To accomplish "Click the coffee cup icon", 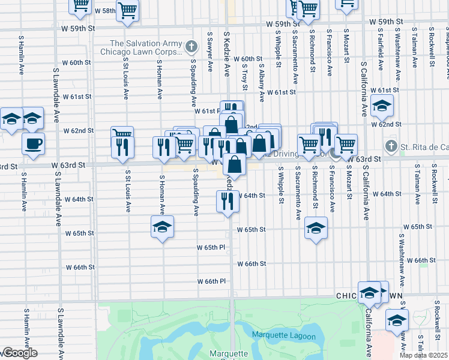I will [x=33, y=143].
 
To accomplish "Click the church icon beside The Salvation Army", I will [x=191, y=46].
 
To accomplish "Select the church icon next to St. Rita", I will [x=391, y=146].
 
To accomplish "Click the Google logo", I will [x=19, y=353].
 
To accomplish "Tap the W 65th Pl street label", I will [x=210, y=247].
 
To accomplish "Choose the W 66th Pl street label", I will [x=210, y=281].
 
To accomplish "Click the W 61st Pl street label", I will [x=206, y=111].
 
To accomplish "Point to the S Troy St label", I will [x=245, y=75].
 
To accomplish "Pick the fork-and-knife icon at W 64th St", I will [x=227, y=201].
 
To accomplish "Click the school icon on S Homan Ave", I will [x=161, y=227].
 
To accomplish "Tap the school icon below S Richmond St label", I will [x=315, y=227].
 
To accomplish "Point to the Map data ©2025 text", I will [x=424, y=355].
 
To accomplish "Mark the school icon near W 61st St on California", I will [x=382, y=107].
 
